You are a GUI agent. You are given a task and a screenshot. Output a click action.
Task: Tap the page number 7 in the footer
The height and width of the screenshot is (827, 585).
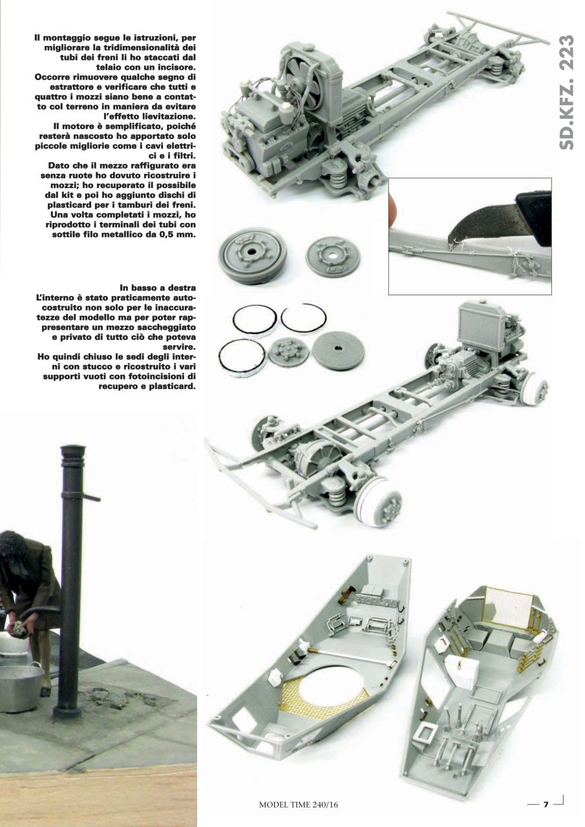[x=546, y=804]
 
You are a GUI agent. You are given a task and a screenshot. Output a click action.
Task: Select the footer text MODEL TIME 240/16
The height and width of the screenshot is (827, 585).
[x=299, y=804]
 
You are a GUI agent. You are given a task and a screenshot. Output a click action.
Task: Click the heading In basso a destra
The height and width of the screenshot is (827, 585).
[x=158, y=286]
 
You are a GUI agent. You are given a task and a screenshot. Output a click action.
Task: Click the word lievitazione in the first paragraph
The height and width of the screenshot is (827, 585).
[x=164, y=116]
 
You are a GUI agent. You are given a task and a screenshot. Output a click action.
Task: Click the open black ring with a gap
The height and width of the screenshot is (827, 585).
[x=303, y=319]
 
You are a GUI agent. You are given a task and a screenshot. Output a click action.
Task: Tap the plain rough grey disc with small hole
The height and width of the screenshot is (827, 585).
[x=338, y=350]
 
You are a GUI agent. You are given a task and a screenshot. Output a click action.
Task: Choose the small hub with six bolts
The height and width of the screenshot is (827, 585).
[x=288, y=351]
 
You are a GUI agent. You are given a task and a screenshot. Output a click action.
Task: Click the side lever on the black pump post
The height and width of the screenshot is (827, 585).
[x=91, y=497]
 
